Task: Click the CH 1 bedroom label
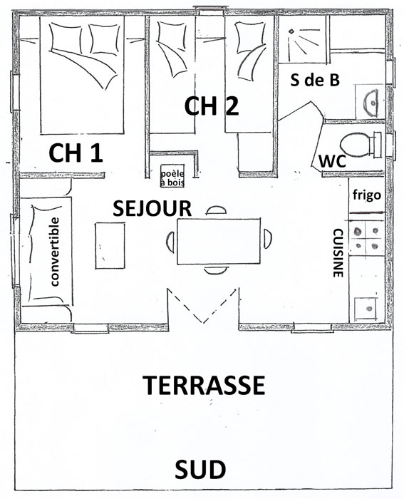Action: coord(76,153)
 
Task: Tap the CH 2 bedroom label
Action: coord(212,106)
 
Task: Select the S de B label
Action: coord(315,80)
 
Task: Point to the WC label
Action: coord(332,161)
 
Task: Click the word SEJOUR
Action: coord(152,209)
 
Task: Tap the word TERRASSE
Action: coord(204,385)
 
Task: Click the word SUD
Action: coord(200,469)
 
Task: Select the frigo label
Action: coord(367,195)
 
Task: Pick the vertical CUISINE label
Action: coord(338,252)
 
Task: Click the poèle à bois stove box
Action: coord(172,176)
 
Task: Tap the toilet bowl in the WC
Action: coord(356,145)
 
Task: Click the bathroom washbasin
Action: coord(371,102)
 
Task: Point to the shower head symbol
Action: coord(291,31)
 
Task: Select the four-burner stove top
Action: coord(367,238)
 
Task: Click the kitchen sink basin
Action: coord(366,309)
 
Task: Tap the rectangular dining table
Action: coord(219,241)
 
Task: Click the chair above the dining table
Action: coord(217,210)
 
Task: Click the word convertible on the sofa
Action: coord(55,252)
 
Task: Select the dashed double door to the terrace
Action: coord(203,306)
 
